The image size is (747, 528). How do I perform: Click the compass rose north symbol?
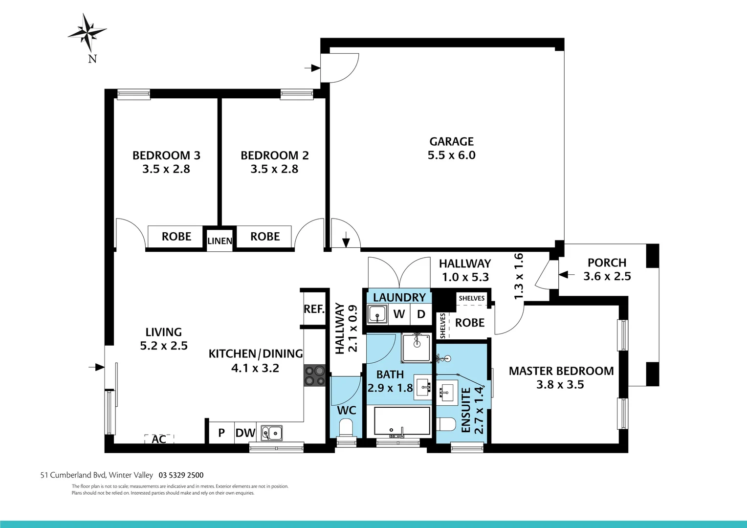88,33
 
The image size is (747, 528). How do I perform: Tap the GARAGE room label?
451,142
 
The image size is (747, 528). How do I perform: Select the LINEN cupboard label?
220,241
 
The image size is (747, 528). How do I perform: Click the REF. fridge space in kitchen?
314,309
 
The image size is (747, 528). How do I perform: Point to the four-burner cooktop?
315,375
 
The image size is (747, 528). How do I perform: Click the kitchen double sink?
271,433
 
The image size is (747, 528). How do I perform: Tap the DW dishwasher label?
245,433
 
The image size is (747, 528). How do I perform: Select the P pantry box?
221,433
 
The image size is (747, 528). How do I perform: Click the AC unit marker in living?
159,439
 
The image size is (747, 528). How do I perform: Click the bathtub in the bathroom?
402,421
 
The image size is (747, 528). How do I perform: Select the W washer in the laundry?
399,314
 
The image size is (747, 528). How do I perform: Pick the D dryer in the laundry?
421,314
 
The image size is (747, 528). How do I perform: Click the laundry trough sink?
377,314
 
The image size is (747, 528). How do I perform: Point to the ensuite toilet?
446,424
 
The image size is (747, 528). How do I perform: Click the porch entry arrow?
567,275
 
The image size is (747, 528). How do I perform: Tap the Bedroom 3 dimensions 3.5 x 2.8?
166,169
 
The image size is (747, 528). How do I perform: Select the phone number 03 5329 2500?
181,475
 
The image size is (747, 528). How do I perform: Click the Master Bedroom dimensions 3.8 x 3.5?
560,385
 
